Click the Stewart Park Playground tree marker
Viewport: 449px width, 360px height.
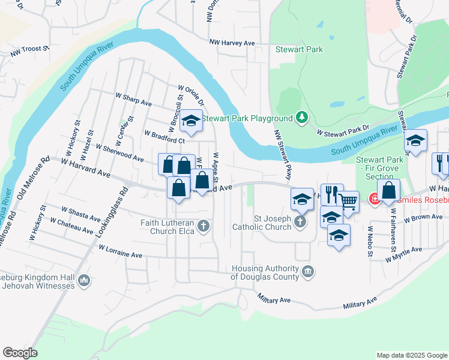coord(303,117)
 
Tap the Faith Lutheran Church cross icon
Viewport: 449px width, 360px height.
coord(203,226)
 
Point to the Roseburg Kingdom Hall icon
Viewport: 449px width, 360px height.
coord(83,280)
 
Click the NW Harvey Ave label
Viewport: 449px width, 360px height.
coord(232,43)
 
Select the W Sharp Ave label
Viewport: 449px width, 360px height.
coord(133,99)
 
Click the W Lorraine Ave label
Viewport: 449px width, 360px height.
coord(120,251)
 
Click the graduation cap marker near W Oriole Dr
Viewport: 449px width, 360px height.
coord(191,121)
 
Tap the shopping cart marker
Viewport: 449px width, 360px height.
coord(348,200)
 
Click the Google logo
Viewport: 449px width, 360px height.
coord(20,353)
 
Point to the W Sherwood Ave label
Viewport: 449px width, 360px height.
coord(119,153)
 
